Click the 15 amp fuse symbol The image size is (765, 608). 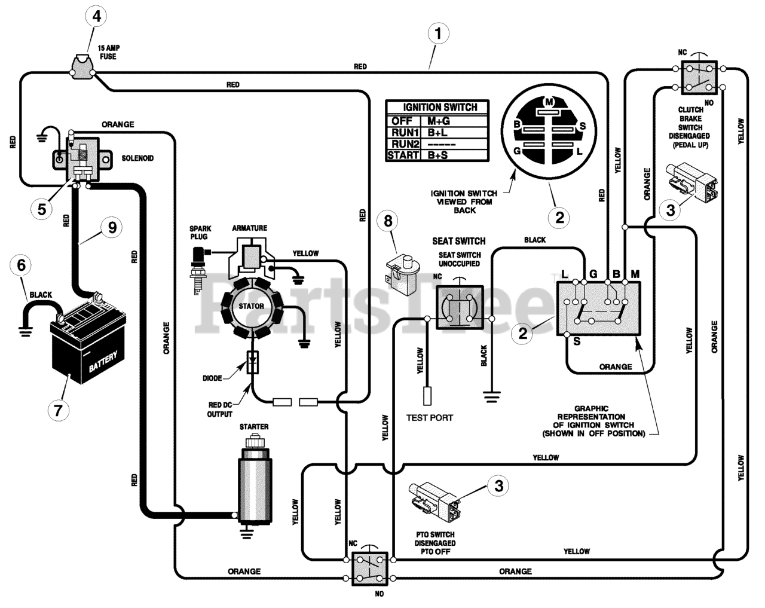click(x=82, y=67)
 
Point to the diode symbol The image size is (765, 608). click(x=253, y=362)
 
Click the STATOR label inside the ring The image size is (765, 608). click(x=252, y=306)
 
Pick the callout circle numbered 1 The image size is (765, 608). click(x=438, y=33)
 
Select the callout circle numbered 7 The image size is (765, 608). click(x=59, y=410)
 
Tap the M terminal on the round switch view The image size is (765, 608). click(x=549, y=102)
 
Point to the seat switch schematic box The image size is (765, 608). click(x=459, y=307)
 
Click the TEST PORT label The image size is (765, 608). click(x=430, y=418)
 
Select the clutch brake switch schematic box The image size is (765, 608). click(x=699, y=78)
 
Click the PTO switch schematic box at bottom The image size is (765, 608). click(x=370, y=569)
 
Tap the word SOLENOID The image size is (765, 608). click(x=137, y=158)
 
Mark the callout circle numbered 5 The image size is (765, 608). click(x=42, y=209)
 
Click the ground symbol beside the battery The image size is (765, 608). click(x=26, y=331)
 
